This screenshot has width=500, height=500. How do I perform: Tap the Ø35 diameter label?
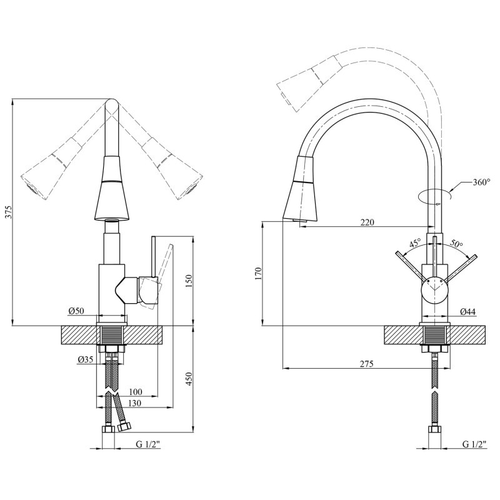pos(86,359)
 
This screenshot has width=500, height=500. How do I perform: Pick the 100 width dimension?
pos(134,392)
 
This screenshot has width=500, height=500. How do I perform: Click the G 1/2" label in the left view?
pos(148,444)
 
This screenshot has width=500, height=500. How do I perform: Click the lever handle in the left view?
pos(153,275)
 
